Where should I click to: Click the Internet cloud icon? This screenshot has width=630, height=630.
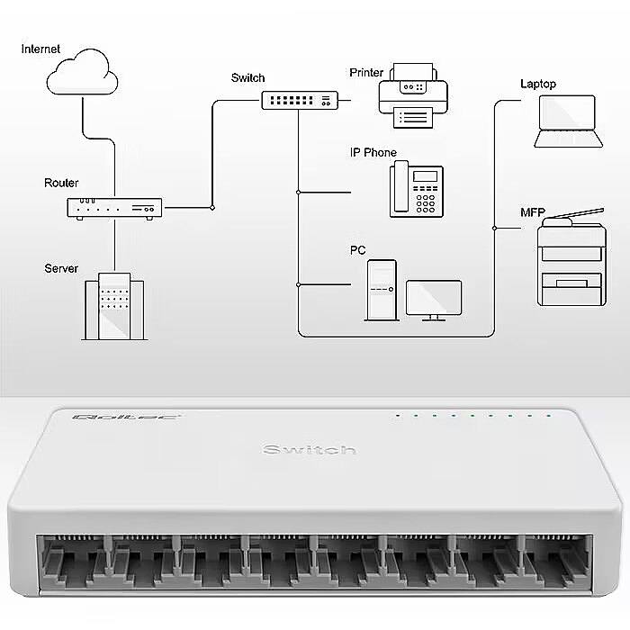coord(83,75)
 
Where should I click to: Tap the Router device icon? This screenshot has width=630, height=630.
coord(114,208)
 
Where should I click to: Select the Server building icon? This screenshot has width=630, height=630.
coord(114,306)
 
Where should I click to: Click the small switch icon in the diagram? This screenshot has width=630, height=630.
coord(300,100)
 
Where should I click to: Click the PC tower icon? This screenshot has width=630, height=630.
coord(381,290)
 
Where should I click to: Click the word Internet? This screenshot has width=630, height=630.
coord(40,49)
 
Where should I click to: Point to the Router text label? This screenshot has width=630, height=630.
coord(61,183)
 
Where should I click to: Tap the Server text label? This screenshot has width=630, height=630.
coord(61,268)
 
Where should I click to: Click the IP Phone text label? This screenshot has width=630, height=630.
coord(373,153)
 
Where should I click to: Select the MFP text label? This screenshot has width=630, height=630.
coord(532,212)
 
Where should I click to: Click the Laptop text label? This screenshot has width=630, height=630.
coord(538,84)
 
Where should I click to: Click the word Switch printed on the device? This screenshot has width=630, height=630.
coord(309,449)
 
